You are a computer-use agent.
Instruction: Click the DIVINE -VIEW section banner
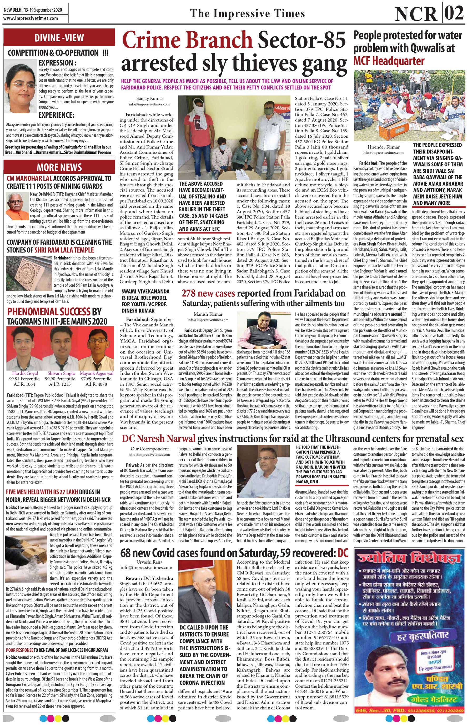click(x=59, y=38)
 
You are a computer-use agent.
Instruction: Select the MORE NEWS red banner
click(x=59, y=167)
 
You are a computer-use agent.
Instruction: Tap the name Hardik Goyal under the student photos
click(x=25, y=373)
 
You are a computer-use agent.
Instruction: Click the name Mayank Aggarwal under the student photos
click(x=97, y=373)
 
